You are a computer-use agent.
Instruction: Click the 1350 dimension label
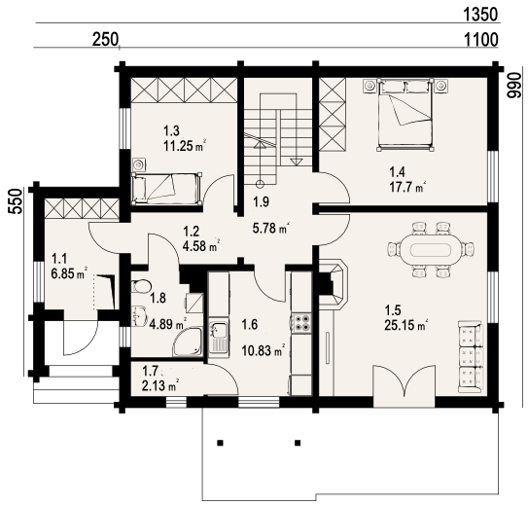[480, 15]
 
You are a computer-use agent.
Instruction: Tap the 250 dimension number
[105, 40]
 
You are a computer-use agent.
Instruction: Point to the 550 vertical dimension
[16, 201]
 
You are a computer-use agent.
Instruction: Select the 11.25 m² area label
[185, 146]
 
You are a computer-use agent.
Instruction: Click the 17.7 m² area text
[406, 188]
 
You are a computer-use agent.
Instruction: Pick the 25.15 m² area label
[406, 325]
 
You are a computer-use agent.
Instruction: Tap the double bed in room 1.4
[405, 115]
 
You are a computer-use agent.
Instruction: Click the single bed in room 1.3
[167, 189]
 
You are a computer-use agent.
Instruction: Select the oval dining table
[432, 250]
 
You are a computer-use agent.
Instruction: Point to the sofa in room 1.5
[471, 356]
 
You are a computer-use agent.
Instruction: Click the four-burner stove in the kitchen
[301, 323]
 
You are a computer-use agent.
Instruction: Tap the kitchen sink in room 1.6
[219, 338]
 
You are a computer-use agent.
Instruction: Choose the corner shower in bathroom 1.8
[188, 342]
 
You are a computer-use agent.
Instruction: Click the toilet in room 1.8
[141, 286]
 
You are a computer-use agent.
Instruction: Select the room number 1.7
[150, 372]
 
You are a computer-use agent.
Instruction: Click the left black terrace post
[220, 443]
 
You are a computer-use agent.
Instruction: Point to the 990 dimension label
[513, 85]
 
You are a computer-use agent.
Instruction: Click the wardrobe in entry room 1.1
[82, 208]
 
